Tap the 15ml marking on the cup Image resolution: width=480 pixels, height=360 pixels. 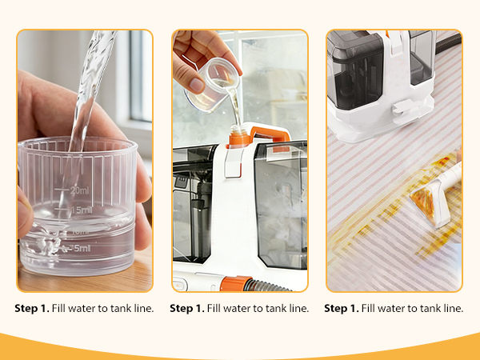(80, 210)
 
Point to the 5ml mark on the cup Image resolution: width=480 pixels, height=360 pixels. (81, 247)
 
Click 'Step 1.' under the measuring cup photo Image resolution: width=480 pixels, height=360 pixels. (32, 309)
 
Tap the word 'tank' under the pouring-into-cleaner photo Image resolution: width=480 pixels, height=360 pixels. (273, 309)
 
